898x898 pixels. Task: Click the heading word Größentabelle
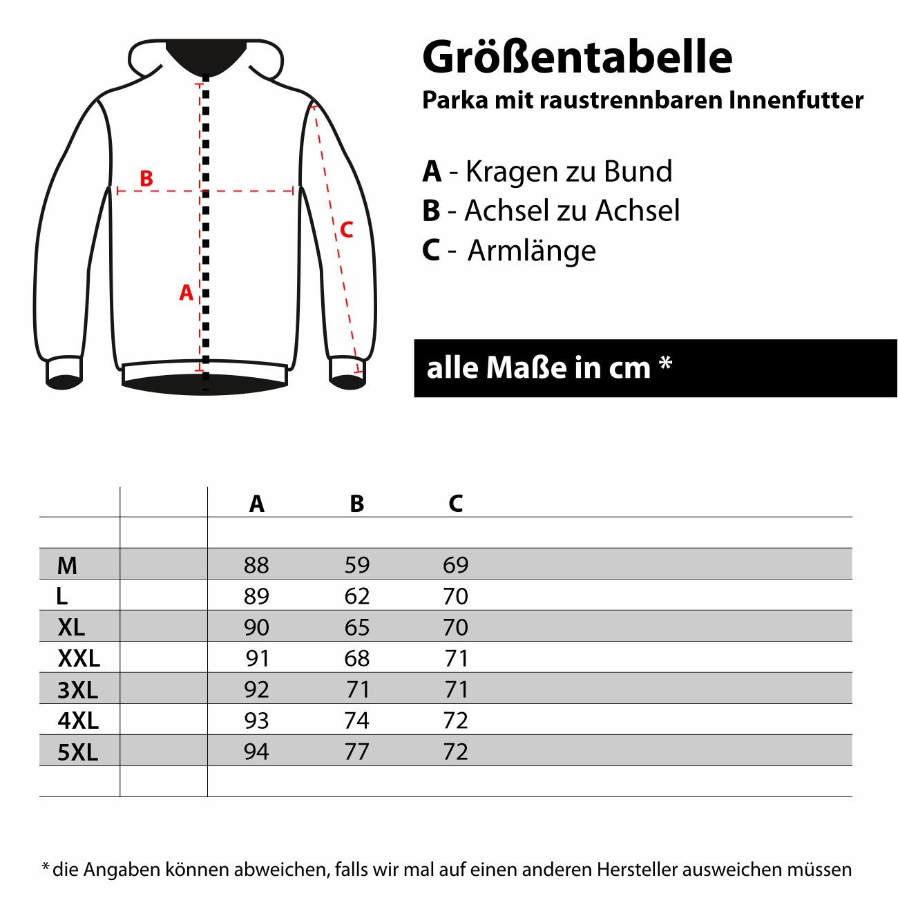pyautogui.click(x=577, y=57)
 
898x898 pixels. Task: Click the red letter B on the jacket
pyautogui.click(x=146, y=178)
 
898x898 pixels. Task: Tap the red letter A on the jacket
pyautogui.click(x=186, y=293)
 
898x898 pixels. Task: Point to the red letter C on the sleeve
pyautogui.click(x=347, y=229)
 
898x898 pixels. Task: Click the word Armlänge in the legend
pyautogui.click(x=531, y=250)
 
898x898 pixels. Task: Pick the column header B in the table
pyautogui.click(x=356, y=504)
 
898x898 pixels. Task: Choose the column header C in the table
pyautogui.click(x=455, y=504)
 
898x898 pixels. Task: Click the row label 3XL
pyautogui.click(x=77, y=689)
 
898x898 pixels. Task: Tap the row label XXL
pyautogui.click(x=79, y=658)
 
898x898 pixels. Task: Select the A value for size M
pyautogui.click(x=256, y=565)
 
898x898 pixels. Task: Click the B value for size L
pyautogui.click(x=357, y=596)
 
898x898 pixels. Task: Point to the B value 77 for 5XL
pyautogui.click(x=357, y=752)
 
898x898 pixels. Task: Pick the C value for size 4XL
pyautogui.click(x=456, y=720)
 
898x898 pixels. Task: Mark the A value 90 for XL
pyautogui.click(x=256, y=627)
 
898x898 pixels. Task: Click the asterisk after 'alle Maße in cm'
pyautogui.click(x=665, y=363)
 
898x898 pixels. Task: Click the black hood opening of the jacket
pyautogui.click(x=206, y=55)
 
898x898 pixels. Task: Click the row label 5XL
pyautogui.click(x=77, y=752)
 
